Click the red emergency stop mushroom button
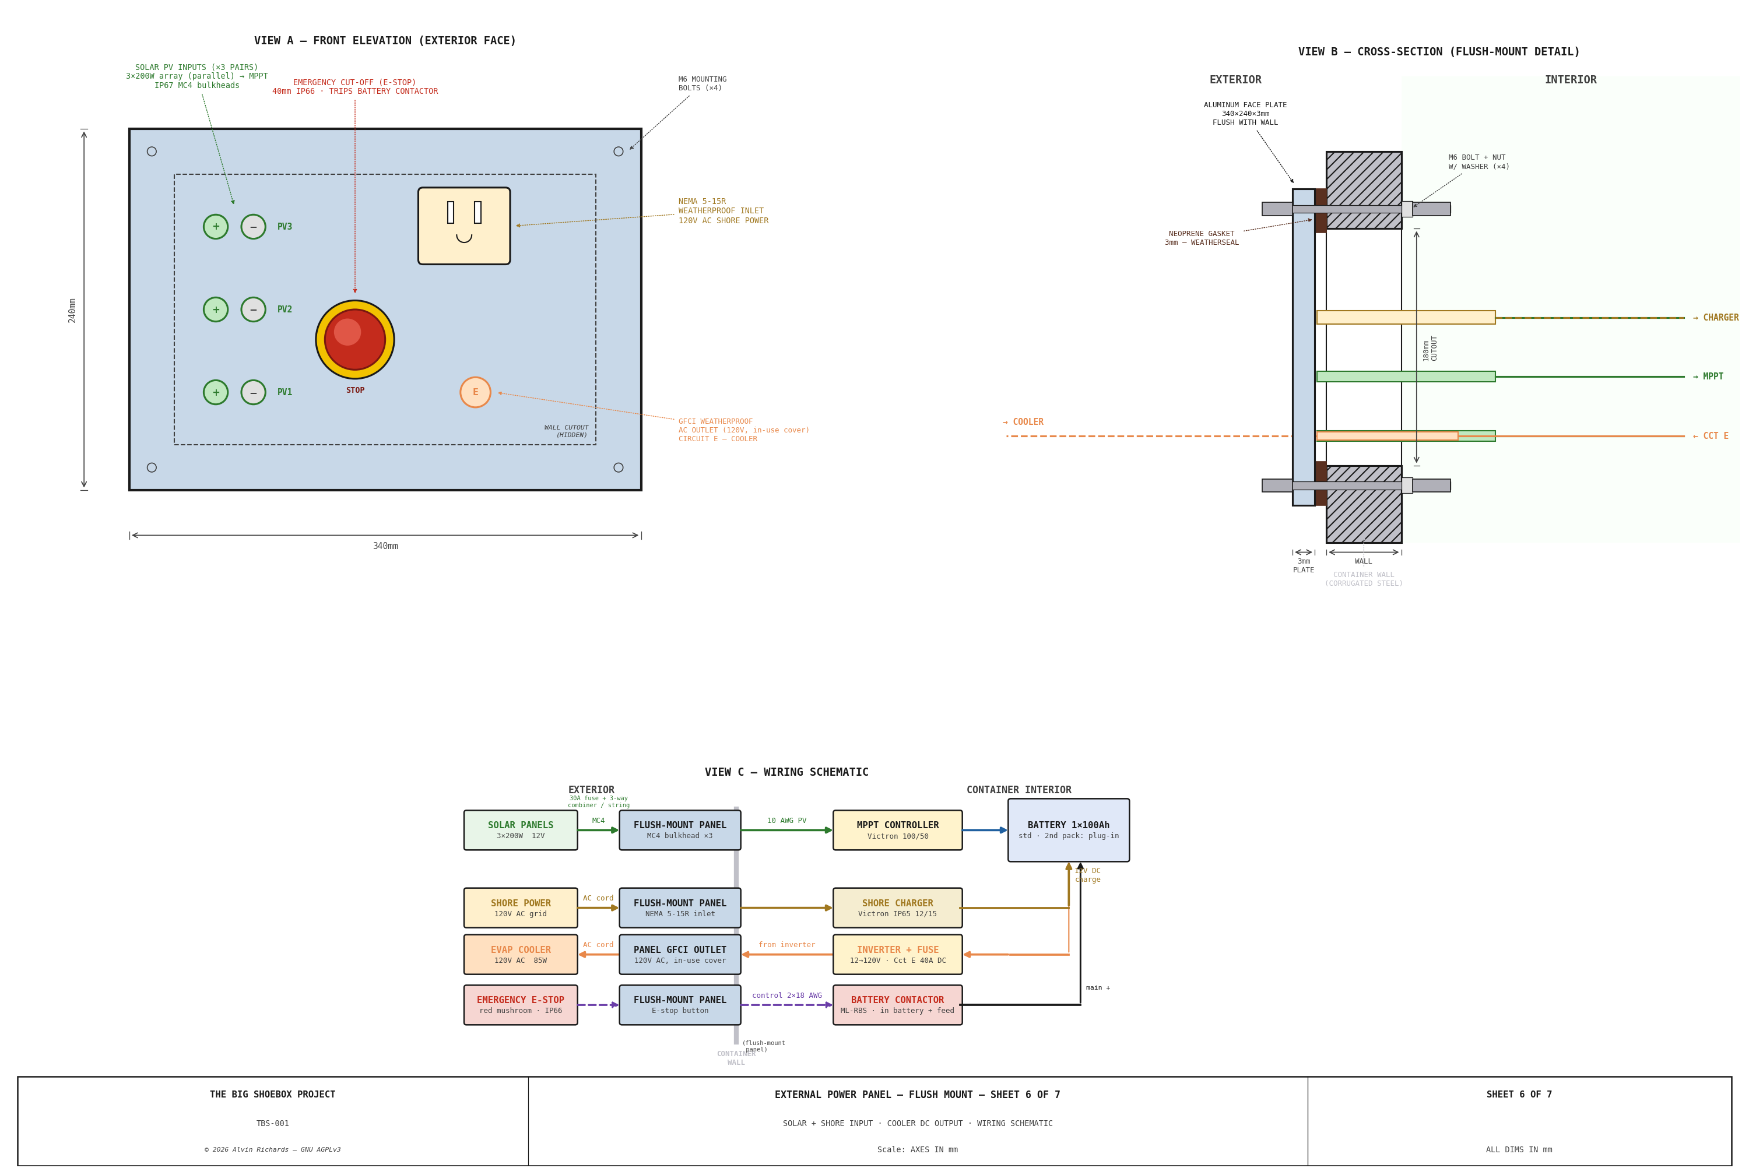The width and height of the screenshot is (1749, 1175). click(x=354, y=339)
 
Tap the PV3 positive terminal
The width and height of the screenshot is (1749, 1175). click(x=216, y=226)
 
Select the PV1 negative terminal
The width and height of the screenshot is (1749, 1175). click(x=253, y=392)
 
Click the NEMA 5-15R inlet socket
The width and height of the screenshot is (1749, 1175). click(x=464, y=226)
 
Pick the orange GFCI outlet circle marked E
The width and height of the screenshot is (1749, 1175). click(x=475, y=392)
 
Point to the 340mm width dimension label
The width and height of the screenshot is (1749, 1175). click(x=385, y=546)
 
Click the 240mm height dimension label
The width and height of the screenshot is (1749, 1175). click(x=72, y=310)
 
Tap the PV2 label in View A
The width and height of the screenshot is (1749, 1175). click(x=285, y=309)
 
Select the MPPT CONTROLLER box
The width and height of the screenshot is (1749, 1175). click(x=897, y=829)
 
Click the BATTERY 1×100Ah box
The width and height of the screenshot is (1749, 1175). click(x=1068, y=829)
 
